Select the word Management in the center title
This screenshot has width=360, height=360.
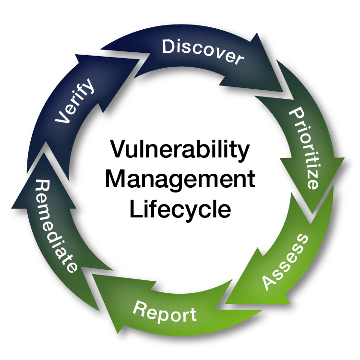point(180,180)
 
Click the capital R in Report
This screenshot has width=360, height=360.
point(140,308)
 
